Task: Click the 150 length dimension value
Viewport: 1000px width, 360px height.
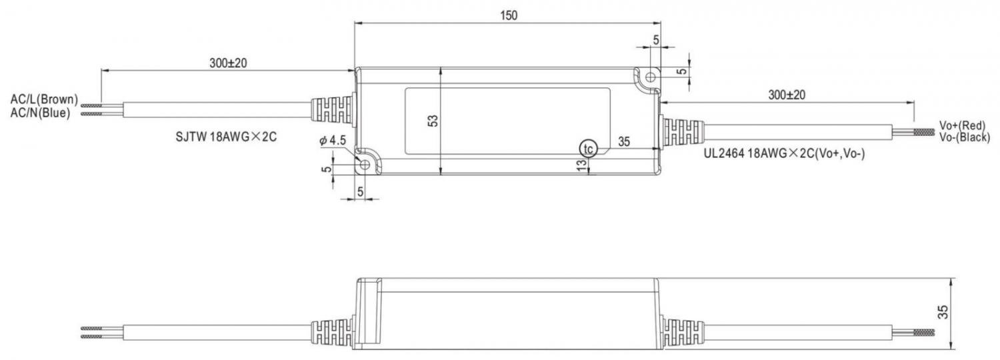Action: click(x=509, y=15)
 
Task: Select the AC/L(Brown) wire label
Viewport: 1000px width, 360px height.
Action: click(x=44, y=99)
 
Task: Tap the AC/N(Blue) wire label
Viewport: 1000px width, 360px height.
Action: click(x=41, y=113)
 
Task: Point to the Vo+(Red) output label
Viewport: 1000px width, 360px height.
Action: click(x=962, y=125)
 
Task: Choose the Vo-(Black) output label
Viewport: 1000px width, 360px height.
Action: click(x=964, y=137)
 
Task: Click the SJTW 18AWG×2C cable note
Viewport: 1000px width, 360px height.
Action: click(x=227, y=137)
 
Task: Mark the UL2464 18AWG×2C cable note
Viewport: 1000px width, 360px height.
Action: click(x=785, y=153)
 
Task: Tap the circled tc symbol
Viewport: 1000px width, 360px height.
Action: click(x=589, y=148)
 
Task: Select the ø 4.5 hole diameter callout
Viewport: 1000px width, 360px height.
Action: click(x=333, y=141)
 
